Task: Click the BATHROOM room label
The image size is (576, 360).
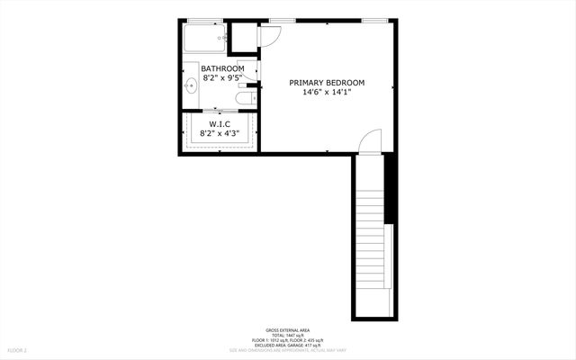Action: point(222,68)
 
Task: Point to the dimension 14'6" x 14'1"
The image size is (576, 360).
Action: point(327,92)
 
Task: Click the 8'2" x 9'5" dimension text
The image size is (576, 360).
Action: point(222,78)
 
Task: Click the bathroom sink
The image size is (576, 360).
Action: point(191,86)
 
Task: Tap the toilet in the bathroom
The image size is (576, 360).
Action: point(244,98)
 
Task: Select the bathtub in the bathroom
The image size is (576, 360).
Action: point(204,40)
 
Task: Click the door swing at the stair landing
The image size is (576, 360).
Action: point(370,140)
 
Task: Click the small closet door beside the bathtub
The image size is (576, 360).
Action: point(269,36)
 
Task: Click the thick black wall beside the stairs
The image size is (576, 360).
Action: point(390,189)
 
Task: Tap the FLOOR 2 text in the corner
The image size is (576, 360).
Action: point(18,349)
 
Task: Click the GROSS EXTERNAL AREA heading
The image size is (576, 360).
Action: point(288,329)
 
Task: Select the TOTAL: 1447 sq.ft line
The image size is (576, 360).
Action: point(288,335)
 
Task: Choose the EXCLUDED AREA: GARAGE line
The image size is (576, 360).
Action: point(288,345)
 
